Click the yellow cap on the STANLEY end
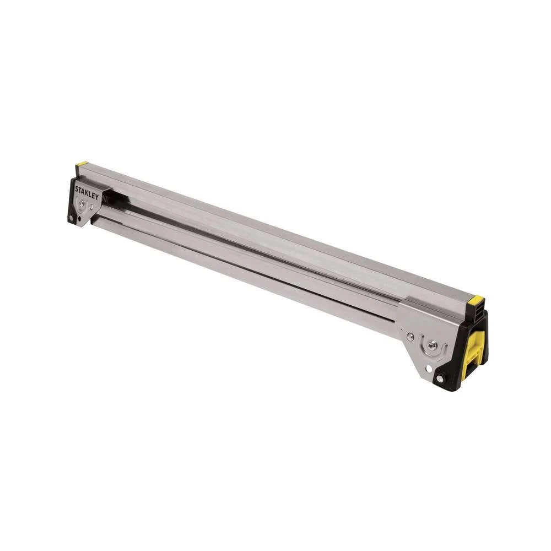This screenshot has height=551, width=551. pos(82,164)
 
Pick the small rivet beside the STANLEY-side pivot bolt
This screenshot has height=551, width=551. pos(91,208)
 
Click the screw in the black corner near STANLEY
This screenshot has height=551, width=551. pos(71,219)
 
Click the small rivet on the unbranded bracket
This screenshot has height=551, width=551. pos(409,336)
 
